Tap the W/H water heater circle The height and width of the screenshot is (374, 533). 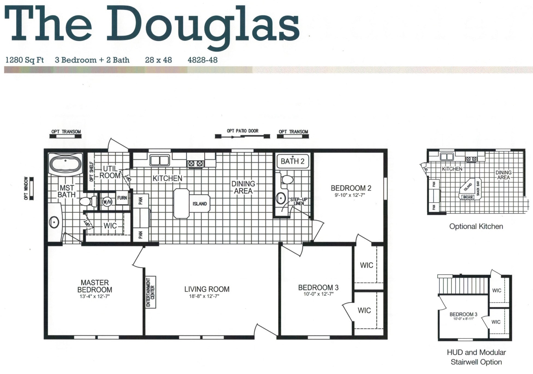coord(107,202)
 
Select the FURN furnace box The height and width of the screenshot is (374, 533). coord(122,198)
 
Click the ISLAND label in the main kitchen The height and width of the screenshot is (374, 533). coord(200,204)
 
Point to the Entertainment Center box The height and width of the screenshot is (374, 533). coord(151,292)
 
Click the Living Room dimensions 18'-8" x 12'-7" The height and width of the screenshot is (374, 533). coord(204,296)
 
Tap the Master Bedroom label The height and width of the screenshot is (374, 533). coord(95,286)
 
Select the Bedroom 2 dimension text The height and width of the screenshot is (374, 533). coord(350,195)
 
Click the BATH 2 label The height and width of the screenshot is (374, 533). coord(292,161)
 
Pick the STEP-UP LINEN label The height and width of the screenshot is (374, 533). coord(299,201)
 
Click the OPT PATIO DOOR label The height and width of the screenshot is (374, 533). coord(242,131)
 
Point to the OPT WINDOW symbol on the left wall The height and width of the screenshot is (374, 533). coord(32,189)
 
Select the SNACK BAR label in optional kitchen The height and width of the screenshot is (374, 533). coord(478,188)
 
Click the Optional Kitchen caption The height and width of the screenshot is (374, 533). coord(476,226)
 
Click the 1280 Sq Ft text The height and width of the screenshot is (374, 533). coord(25,60)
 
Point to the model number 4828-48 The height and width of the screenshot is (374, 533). coord(202,60)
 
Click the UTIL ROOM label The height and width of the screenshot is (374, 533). coord(110,172)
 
